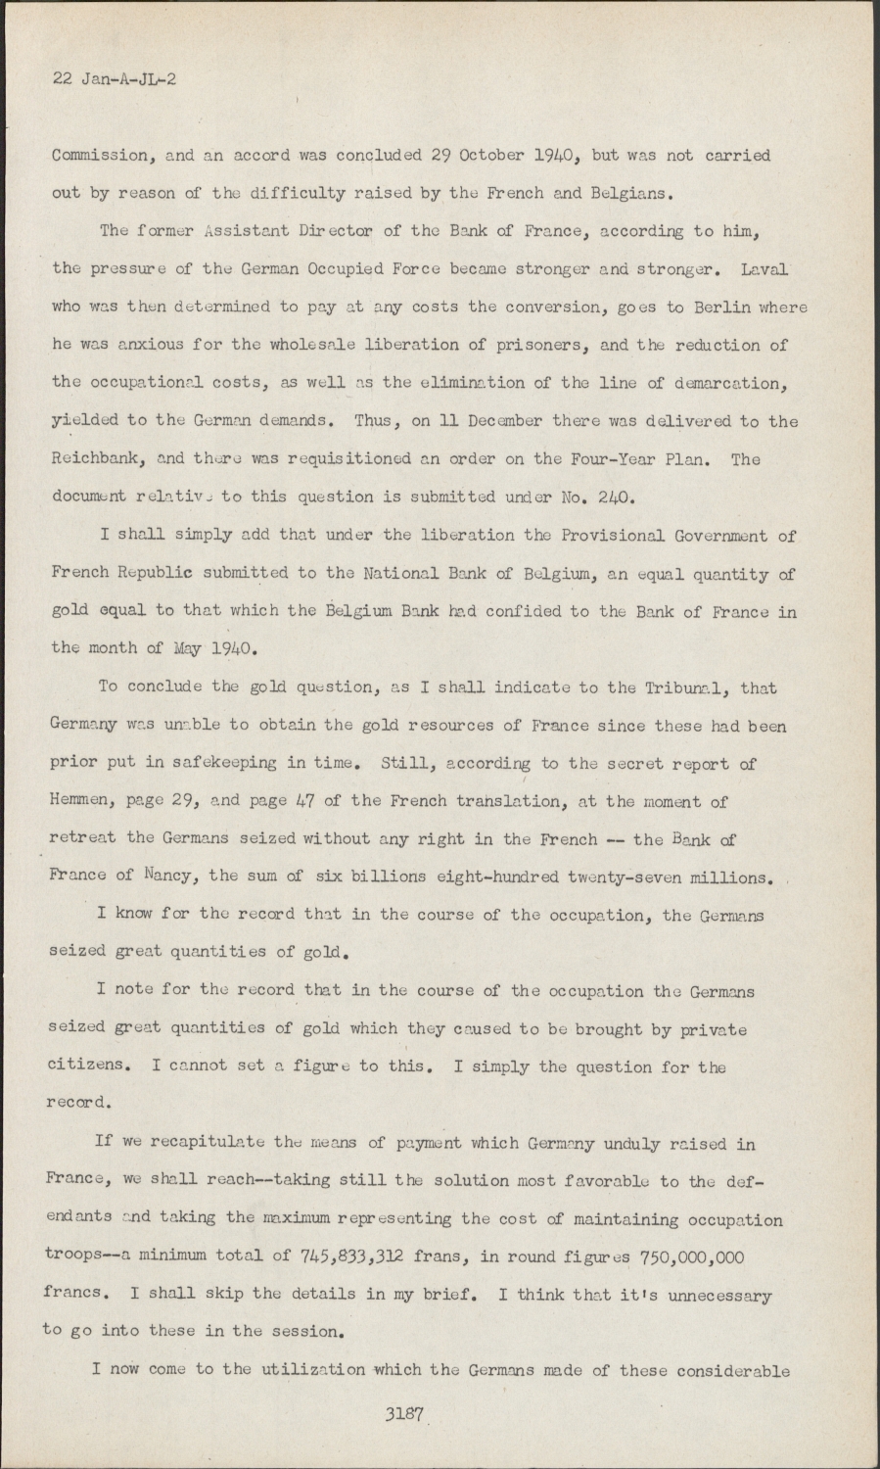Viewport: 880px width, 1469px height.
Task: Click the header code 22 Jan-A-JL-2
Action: (114, 79)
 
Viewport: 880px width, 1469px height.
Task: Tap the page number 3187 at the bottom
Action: (403, 1415)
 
